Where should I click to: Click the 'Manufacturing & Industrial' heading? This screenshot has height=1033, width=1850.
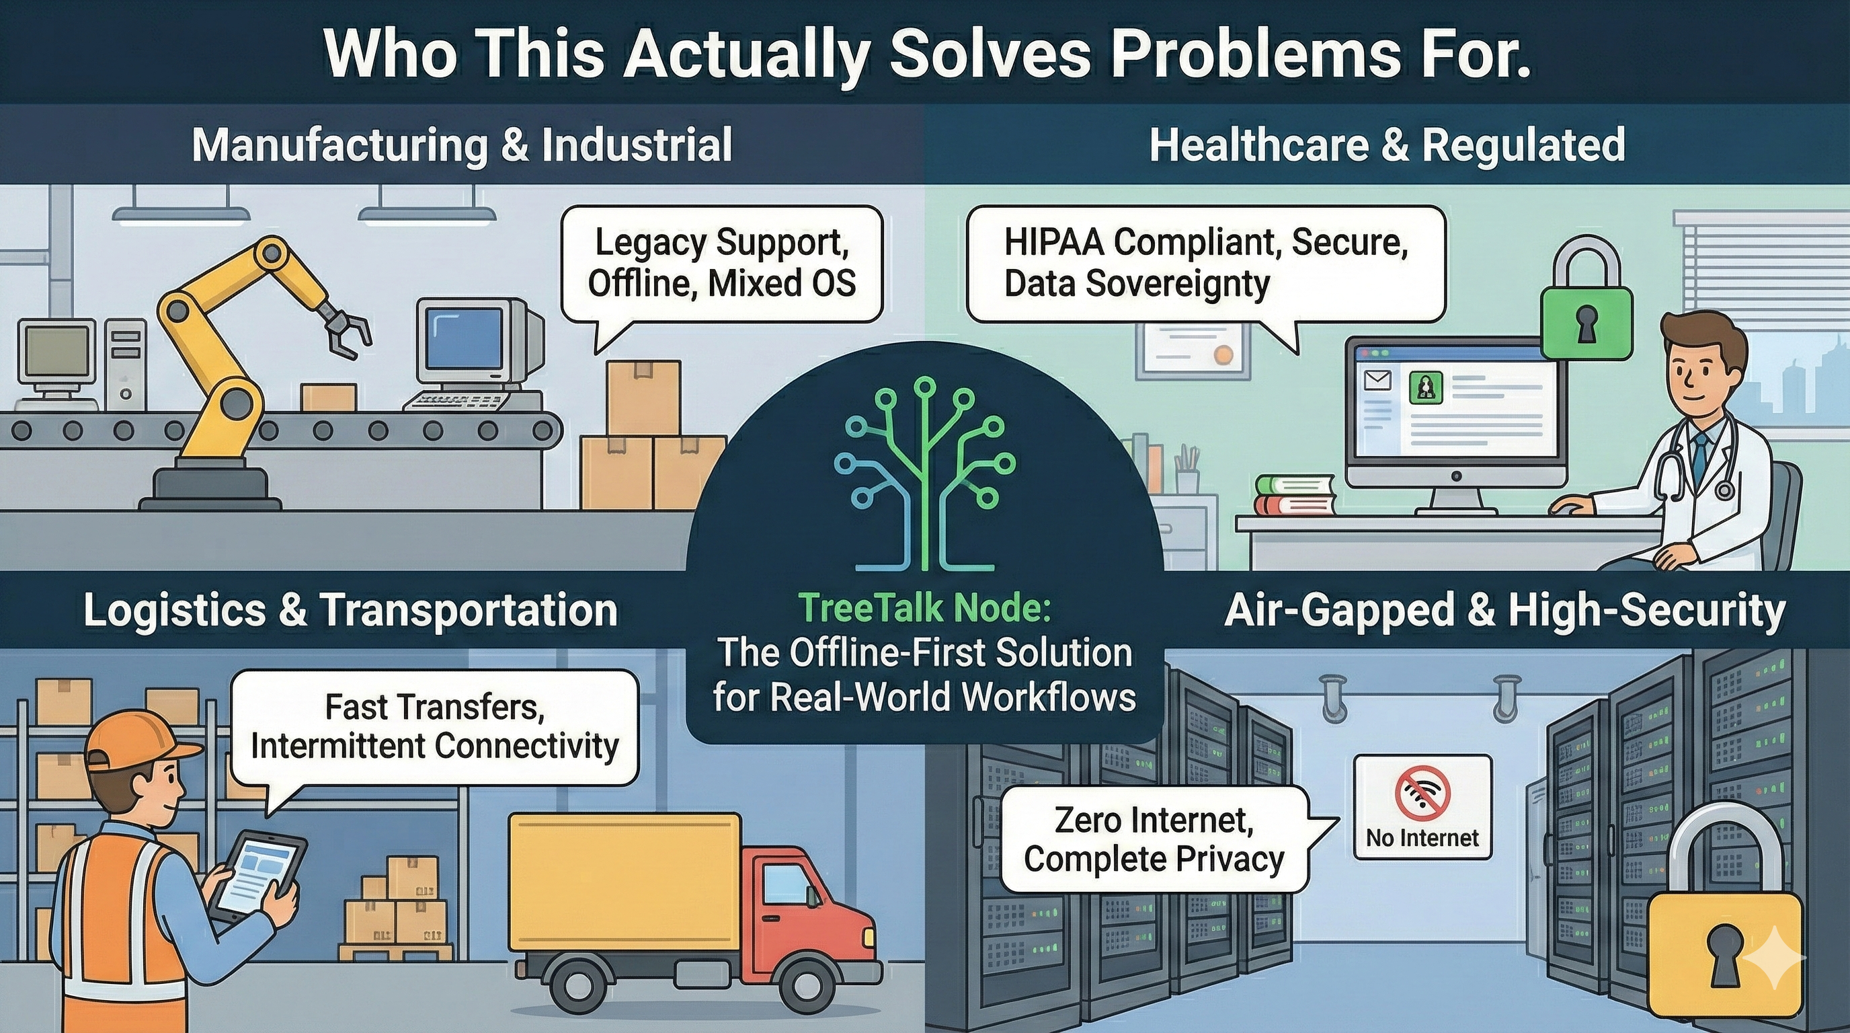pyautogui.click(x=462, y=145)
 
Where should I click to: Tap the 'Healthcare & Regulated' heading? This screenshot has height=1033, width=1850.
pyautogui.click(x=1387, y=145)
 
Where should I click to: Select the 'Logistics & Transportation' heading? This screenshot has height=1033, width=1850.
pyautogui.click(x=350, y=611)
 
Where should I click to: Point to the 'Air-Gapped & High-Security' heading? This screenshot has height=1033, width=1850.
pyautogui.click(x=1504, y=611)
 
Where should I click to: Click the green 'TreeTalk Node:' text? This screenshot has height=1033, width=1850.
pyautogui.click(x=925, y=608)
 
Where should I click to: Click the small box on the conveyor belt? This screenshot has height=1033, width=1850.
pyautogui.click(x=328, y=397)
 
